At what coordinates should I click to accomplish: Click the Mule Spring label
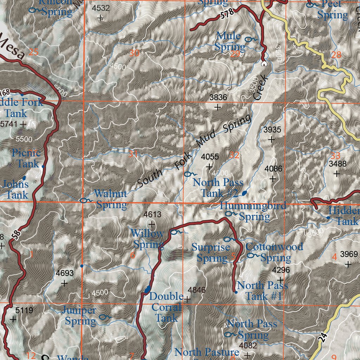pos(230,41)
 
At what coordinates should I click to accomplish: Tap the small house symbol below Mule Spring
pos(264,64)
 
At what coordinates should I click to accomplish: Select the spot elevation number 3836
pos(218,98)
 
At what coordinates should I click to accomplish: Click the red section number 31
pos(133,154)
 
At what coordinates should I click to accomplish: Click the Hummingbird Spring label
pos(253,211)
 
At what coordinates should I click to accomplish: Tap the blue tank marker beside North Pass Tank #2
pos(244,193)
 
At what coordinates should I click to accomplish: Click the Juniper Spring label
pos(81,315)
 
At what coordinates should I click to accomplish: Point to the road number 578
pos(227,15)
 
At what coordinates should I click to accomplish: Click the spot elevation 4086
pos(273,169)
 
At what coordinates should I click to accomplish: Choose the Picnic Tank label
pos(27,158)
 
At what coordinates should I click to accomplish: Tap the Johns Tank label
pos(16,189)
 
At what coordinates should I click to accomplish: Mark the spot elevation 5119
pos(24,310)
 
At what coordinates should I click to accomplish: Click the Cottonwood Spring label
pos(275,252)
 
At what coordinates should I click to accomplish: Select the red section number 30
pos(134,53)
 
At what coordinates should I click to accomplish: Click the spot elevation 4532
pos(101,8)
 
